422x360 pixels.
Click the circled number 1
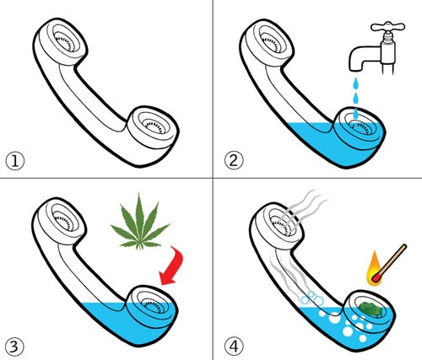coord(15,161)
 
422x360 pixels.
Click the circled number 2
coord(234,161)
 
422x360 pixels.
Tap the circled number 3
coord(14,347)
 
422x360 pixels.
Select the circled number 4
coord(234,347)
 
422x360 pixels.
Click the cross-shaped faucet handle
coord(388,27)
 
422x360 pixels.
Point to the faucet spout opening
coord(355,69)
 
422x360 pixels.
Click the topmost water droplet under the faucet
coord(356,83)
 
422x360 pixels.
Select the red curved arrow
coord(172,266)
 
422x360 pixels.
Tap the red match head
coord(376,277)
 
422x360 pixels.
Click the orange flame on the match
coord(374,268)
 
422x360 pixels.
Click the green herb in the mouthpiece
coord(371,309)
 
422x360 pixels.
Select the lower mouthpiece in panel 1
coord(153,127)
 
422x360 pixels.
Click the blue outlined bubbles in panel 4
coord(311,298)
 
